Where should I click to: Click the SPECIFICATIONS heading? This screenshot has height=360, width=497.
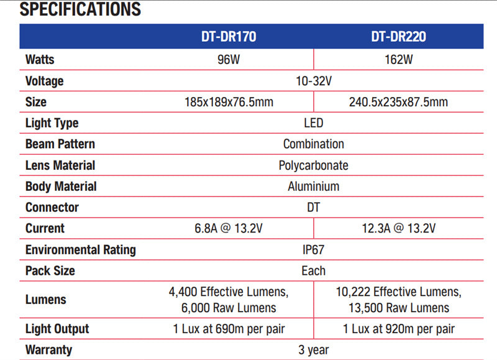tap(80, 9)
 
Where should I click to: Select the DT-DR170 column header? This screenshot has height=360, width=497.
tap(229, 37)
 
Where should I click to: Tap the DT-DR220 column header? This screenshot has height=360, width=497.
tap(398, 37)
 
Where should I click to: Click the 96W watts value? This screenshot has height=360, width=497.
tap(229, 59)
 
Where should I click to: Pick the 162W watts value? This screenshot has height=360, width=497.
tap(398, 59)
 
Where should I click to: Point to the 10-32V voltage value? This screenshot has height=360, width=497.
tap(314, 81)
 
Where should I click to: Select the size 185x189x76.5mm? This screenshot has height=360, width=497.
tap(229, 102)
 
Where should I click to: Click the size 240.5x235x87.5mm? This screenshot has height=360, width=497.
tap(398, 102)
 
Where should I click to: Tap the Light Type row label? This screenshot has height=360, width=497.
tap(52, 123)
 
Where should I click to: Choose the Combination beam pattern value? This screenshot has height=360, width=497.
tap(314, 144)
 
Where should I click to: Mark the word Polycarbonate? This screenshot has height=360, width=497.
tap(314, 165)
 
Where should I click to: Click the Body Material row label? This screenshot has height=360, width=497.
tap(61, 186)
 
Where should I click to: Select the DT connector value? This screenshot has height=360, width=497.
tap(314, 207)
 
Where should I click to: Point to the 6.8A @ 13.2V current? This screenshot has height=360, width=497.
tap(229, 228)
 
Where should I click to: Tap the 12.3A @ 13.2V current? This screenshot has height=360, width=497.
tap(398, 228)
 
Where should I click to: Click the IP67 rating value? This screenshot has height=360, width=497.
tap(314, 249)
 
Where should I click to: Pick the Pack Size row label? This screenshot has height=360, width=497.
tap(50, 270)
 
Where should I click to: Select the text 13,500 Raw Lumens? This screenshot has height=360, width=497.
tap(399, 308)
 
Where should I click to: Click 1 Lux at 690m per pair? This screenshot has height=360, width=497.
tap(229, 329)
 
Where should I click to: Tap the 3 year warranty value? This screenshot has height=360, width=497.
tap(314, 350)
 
